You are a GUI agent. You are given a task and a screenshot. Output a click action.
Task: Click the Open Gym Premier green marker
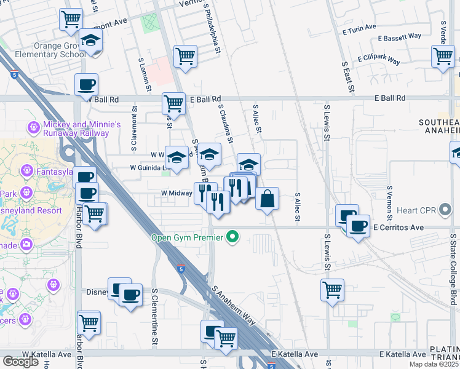232,237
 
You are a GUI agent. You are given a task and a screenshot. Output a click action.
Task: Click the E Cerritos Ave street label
399,228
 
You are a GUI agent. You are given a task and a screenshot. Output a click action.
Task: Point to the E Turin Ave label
359,28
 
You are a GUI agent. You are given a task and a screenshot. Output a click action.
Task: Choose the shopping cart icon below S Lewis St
332,289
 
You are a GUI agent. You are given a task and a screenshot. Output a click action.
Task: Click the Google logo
20,362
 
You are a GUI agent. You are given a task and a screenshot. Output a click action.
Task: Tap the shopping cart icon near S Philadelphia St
185,57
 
